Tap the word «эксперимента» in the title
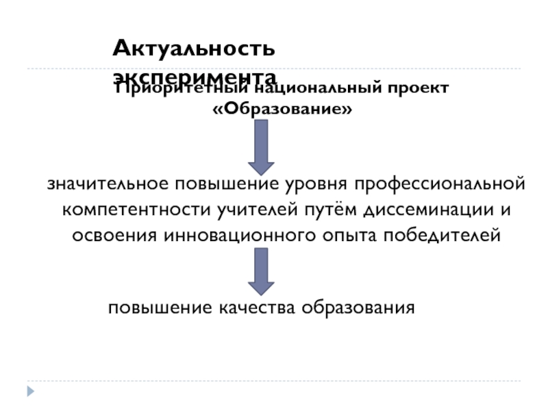pyautogui.click(x=195, y=75)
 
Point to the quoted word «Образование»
pyautogui.click(x=282, y=109)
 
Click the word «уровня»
pyautogui.click(x=310, y=184)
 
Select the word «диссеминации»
pyautogui.click(x=422, y=210)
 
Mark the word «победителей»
pyautogui.click(x=442, y=236)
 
